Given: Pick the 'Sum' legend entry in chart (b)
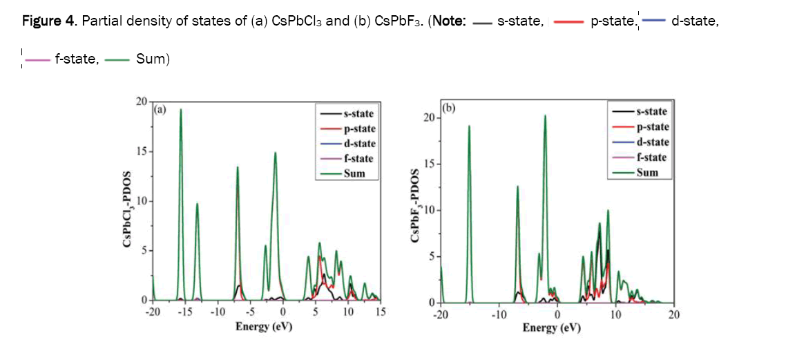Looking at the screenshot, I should pos(646,173).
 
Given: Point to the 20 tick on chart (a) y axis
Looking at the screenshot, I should pos(141,102).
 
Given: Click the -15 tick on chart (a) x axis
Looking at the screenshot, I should pos(185,312).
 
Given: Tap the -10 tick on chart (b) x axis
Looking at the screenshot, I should pos(498,315).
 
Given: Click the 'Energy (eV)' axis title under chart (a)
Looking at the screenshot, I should pos(263,325).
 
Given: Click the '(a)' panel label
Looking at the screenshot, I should pos(160,109).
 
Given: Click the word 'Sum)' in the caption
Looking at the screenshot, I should pos(153,59).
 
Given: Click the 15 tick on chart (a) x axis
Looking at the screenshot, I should pos(381,312).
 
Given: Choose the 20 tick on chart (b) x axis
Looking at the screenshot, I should pos(674,315).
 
